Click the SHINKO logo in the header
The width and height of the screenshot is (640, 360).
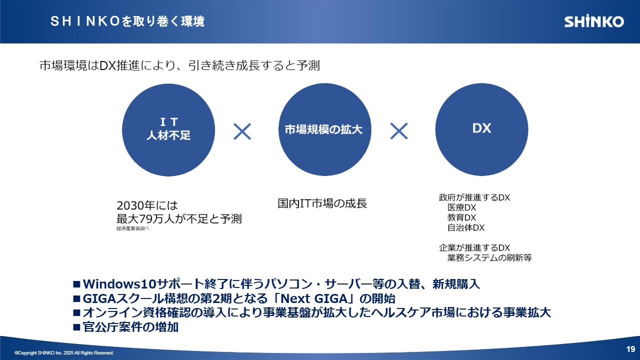tap(594, 21)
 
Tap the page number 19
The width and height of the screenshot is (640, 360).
tap(630, 349)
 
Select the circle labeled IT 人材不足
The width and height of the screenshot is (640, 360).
tap(168, 129)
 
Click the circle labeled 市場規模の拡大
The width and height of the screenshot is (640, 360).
tap(325, 129)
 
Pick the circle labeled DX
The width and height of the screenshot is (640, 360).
tap(481, 129)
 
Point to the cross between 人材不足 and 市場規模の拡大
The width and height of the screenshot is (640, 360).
tap(242, 131)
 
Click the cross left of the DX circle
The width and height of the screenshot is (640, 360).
tap(399, 131)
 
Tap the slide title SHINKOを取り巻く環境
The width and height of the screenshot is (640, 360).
tap(127, 21)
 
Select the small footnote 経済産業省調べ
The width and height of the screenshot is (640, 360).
tap(133, 228)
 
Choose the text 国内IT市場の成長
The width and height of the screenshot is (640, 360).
tap(322, 203)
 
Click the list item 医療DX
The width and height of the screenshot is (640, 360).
tap(461, 207)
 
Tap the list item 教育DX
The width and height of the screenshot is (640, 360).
tap(461, 217)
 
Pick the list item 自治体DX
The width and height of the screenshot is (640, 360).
tap(466, 227)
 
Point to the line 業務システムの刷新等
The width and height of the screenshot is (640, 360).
tap(489, 257)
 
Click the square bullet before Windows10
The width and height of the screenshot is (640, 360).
tap(76, 284)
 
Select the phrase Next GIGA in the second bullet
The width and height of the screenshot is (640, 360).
tap(313, 298)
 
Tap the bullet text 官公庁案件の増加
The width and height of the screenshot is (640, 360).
tap(130, 327)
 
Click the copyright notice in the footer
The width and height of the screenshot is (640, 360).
tap(64, 353)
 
